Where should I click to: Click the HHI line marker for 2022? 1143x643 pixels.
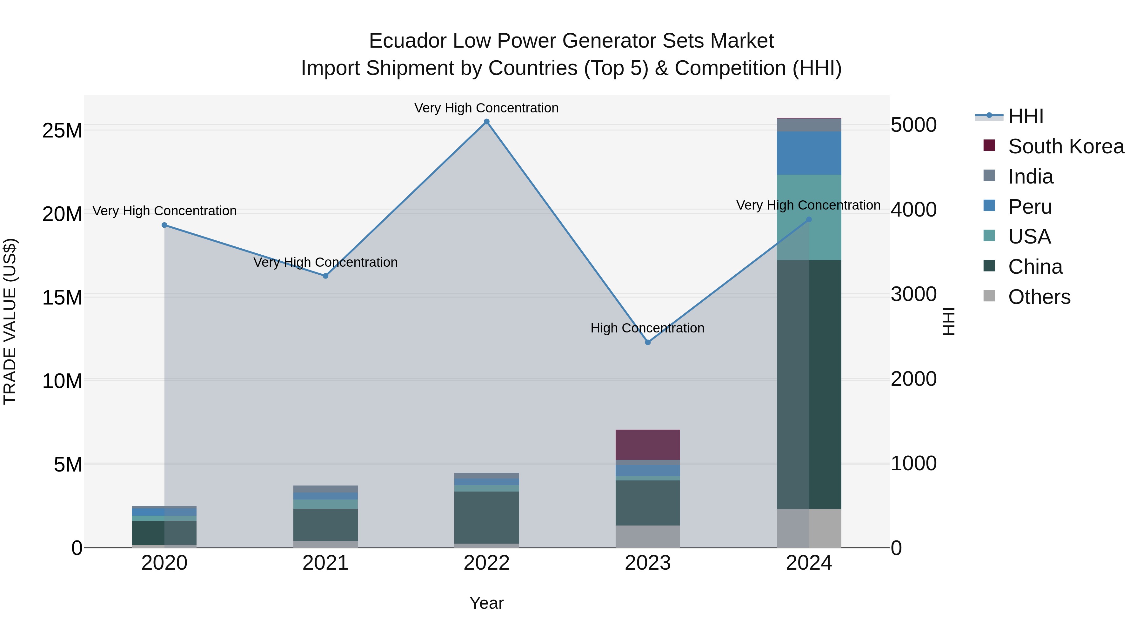click(x=486, y=122)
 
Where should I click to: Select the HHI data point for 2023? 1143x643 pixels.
click(x=648, y=342)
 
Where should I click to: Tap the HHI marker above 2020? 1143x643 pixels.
click(x=164, y=225)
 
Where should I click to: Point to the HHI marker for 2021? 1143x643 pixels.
click(x=325, y=276)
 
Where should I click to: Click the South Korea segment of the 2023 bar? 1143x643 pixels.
click(x=648, y=445)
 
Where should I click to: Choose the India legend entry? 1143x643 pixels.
click(x=1030, y=177)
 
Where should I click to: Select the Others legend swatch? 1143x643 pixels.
click(x=989, y=296)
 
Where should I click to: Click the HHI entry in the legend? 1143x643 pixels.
click(x=1026, y=116)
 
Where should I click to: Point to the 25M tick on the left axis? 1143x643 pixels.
click(x=62, y=131)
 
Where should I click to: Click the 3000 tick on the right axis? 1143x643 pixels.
click(x=913, y=294)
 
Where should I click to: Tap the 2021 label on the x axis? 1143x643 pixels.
click(x=325, y=563)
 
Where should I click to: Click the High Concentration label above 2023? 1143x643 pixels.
click(x=647, y=328)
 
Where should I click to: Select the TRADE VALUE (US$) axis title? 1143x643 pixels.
click(x=10, y=321)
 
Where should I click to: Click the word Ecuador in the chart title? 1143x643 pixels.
click(x=407, y=41)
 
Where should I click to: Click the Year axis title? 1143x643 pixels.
click(x=486, y=603)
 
